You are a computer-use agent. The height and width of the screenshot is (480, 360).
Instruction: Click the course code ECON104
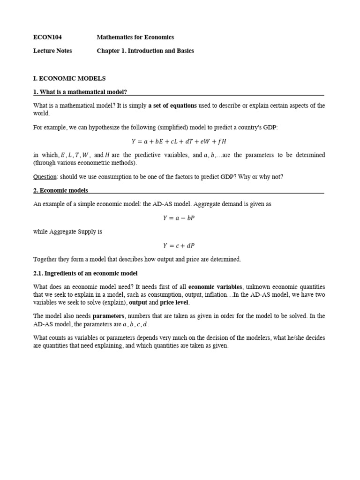47,37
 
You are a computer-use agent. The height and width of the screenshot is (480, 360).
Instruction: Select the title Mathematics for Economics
135,37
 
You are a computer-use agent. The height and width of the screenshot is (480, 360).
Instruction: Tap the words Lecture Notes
52,51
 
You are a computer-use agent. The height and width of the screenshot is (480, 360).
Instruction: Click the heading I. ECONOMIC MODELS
69,78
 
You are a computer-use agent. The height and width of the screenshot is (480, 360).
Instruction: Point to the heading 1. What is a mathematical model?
80,92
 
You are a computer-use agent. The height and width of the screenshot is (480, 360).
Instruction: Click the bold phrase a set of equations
172,105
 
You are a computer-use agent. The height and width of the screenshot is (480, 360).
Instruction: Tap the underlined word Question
45,177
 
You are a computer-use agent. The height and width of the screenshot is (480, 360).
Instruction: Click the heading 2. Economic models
60,190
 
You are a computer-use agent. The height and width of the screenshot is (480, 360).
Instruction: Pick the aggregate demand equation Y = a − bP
179,218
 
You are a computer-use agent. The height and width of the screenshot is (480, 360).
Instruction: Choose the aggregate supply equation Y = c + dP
179,245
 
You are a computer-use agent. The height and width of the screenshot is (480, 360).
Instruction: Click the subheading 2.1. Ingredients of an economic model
85,273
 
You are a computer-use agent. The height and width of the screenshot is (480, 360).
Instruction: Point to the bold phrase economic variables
215,287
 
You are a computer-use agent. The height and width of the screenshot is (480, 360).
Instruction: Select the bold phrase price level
174,303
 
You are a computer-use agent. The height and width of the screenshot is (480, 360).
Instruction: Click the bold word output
138,303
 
